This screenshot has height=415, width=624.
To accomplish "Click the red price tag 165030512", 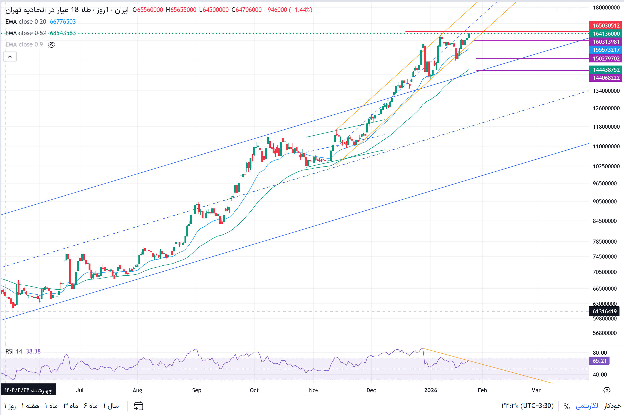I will [x=606, y=26].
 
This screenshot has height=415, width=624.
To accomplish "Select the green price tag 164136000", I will [x=606, y=34].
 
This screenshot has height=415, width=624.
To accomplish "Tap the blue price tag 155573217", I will [x=606, y=50].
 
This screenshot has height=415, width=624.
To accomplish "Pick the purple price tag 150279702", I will [x=606, y=58].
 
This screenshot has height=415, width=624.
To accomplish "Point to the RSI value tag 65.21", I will [x=599, y=361].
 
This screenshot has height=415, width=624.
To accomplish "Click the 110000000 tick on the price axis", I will [x=606, y=146].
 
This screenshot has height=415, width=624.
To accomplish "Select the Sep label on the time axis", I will [x=197, y=390].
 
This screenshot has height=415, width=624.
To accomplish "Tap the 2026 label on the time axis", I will [x=430, y=390].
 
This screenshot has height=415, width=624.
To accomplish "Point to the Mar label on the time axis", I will [x=536, y=390].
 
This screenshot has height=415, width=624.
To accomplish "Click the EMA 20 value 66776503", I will [x=63, y=22].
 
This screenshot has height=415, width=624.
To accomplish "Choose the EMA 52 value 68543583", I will [x=63, y=33].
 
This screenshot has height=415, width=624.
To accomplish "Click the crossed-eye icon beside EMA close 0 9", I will [x=51, y=45].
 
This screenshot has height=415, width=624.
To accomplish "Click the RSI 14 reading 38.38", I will [x=33, y=351].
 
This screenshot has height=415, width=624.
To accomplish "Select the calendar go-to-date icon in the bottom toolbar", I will [x=138, y=406].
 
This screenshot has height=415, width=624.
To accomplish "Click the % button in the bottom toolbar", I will [x=567, y=406].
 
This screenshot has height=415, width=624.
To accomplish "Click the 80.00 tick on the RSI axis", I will [x=600, y=353].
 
